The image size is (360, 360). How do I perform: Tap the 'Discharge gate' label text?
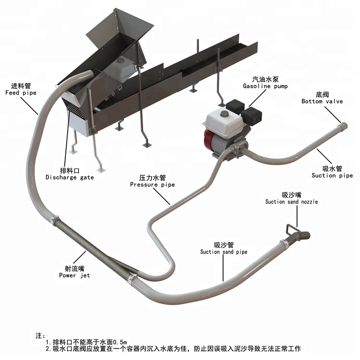coord(70,177)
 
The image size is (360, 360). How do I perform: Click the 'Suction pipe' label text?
coord(332,175)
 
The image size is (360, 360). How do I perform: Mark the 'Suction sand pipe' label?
coord(224,252)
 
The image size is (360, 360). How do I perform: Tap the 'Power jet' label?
coord(74,275)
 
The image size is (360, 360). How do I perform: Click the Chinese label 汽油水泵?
coord(264,79)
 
